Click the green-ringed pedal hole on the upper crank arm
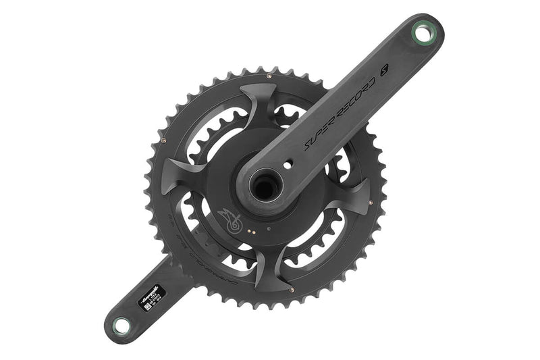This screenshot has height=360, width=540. coord(423,31)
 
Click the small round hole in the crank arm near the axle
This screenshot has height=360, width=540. coord(288,162)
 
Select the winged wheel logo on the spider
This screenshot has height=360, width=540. coord(228,222)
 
